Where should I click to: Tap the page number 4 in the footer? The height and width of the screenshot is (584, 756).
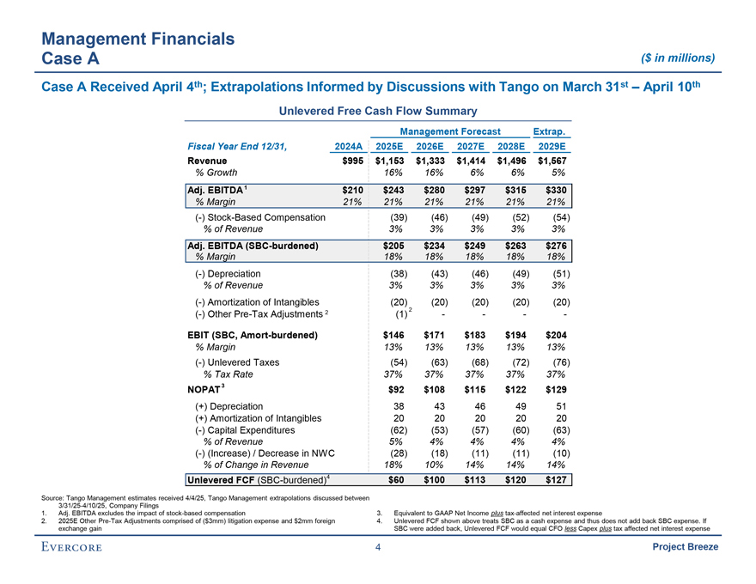(x=378, y=550)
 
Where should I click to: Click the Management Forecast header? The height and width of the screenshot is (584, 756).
(x=450, y=131)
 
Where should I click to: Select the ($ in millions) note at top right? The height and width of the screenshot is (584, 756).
(x=677, y=58)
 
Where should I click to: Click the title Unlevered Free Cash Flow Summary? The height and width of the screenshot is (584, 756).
(x=377, y=110)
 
